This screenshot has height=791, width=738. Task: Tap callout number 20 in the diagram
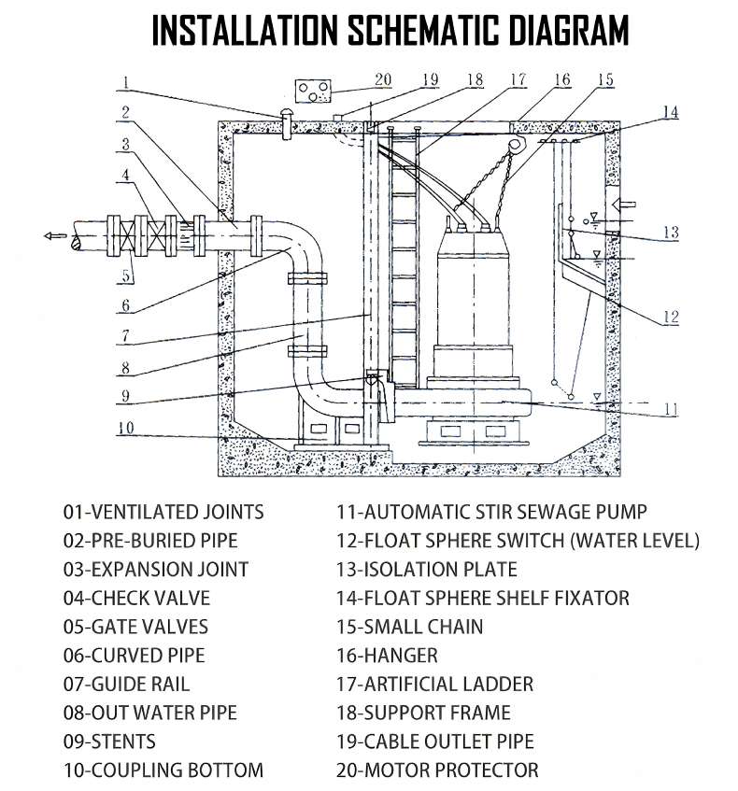(x=383, y=80)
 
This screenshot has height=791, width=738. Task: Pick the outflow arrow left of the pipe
(x=56, y=235)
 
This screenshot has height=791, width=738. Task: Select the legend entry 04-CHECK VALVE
(x=136, y=598)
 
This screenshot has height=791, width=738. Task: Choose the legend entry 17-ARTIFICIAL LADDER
(x=434, y=685)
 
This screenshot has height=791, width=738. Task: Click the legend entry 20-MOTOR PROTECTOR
(x=436, y=770)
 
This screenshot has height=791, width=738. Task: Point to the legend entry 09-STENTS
(x=109, y=742)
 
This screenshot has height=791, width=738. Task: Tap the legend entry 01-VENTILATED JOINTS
(x=163, y=512)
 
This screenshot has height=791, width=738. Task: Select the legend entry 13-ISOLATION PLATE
(x=426, y=569)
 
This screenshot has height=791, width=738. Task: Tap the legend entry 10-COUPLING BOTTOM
(x=163, y=770)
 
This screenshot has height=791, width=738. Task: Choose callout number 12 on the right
(x=669, y=318)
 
